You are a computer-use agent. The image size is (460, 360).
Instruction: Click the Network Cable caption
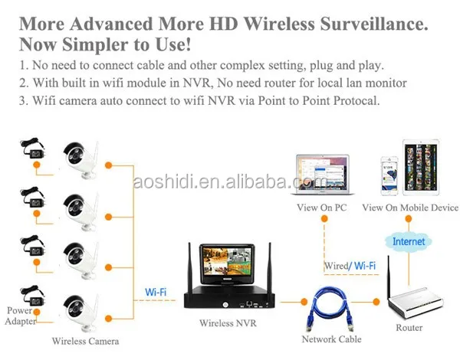pyautogui.click(x=331, y=339)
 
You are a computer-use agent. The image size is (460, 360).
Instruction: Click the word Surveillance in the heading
pyautogui.click(x=374, y=22)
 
